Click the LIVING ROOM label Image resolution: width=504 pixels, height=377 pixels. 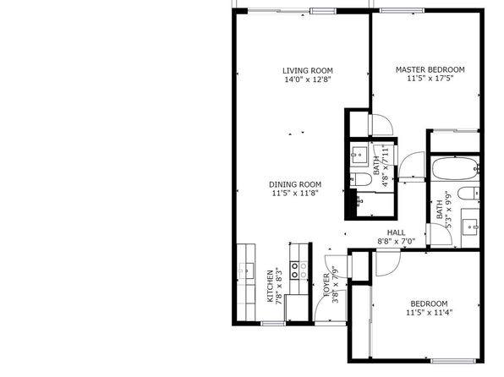(x=308, y=71)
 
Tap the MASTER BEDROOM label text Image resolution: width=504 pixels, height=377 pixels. (x=430, y=70)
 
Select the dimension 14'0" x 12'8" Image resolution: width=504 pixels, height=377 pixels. (x=308, y=79)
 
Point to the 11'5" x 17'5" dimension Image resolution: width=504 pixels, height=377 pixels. (x=430, y=79)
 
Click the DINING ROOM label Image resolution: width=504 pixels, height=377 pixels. (x=295, y=184)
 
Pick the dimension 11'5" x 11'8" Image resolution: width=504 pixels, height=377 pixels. (x=295, y=194)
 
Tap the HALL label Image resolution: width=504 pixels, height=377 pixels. (x=396, y=232)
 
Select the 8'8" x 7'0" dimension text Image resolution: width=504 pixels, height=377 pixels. (x=396, y=241)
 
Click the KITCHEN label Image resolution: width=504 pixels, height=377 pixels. (x=270, y=286)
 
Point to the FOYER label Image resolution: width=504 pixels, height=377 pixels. (x=326, y=285)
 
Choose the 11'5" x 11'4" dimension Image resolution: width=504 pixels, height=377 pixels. (x=429, y=313)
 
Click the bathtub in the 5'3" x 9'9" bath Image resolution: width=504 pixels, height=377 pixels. (x=455, y=168)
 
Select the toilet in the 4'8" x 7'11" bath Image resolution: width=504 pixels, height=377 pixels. (x=360, y=179)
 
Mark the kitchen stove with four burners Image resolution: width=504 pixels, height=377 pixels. (x=299, y=270)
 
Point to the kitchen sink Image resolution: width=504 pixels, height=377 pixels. (x=246, y=271)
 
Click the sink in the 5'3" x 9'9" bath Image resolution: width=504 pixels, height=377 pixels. (x=471, y=227)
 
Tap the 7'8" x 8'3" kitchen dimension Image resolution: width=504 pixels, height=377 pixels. (x=279, y=286)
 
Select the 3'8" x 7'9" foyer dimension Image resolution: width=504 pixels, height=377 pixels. (x=335, y=285)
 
